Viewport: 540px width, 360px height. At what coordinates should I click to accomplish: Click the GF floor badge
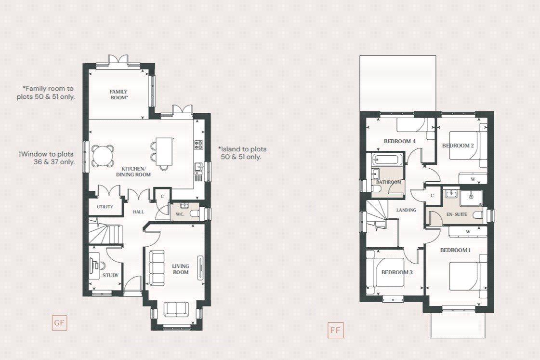(x=59, y=323)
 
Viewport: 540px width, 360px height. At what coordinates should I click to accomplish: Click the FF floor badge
(x=335, y=331)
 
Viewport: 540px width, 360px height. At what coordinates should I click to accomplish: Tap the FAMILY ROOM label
(x=118, y=94)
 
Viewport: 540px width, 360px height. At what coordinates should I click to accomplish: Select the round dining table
(x=104, y=156)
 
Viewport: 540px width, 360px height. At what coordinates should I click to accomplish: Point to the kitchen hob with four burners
(x=198, y=145)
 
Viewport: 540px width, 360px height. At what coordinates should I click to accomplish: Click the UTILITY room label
(x=105, y=207)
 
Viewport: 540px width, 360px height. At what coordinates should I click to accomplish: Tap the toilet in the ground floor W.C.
(x=193, y=213)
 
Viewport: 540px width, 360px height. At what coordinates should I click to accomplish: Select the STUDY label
(x=110, y=276)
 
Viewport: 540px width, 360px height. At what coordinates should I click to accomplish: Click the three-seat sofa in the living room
(x=157, y=267)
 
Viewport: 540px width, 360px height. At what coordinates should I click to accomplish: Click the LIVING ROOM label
(x=181, y=269)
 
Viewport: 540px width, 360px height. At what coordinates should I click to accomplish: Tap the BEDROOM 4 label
(x=399, y=141)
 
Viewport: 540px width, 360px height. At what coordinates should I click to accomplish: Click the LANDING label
(x=406, y=210)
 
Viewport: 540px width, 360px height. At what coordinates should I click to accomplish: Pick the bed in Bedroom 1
(x=464, y=276)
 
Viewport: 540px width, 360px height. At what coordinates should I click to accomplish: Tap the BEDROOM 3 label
(x=397, y=272)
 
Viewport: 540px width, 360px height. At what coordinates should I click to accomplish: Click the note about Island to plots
(x=242, y=153)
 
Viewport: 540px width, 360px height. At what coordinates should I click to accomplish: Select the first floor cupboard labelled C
(x=432, y=196)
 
